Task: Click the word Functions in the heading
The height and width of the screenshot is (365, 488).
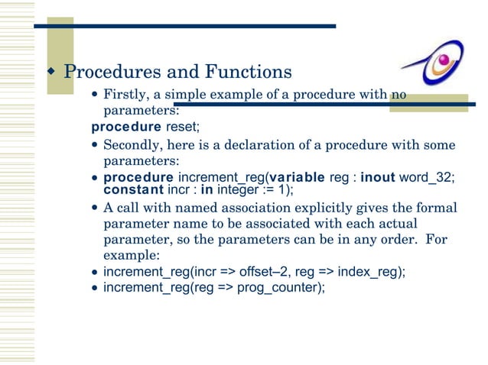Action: [x=247, y=73]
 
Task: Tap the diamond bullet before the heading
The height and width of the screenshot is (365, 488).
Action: [x=51, y=73]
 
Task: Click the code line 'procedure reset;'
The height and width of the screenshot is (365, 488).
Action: [x=145, y=125]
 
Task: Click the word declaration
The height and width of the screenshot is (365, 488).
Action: [x=250, y=145]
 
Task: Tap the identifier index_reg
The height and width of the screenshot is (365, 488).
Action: [x=379, y=272]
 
